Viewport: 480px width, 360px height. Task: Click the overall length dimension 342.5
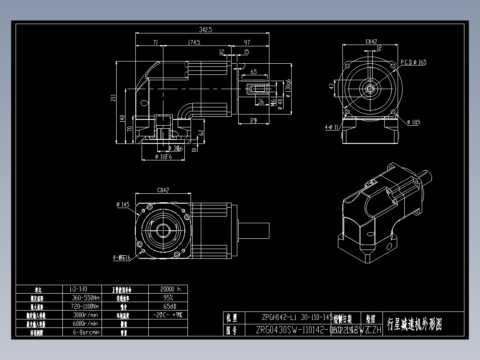click(x=206, y=29)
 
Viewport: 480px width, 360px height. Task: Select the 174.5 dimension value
click(x=194, y=42)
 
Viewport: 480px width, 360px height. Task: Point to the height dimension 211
click(x=113, y=98)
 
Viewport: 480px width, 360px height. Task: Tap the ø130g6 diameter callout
click(x=288, y=88)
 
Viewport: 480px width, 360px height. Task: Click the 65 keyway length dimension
click(x=253, y=72)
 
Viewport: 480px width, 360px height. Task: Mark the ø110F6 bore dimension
click(x=163, y=157)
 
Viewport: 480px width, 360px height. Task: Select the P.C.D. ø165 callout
click(x=413, y=62)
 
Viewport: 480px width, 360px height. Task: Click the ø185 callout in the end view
click(x=413, y=122)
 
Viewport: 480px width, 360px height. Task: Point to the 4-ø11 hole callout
click(x=332, y=127)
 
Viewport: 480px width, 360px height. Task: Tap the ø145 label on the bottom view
click(x=122, y=205)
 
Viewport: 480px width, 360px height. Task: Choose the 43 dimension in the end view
click(x=331, y=86)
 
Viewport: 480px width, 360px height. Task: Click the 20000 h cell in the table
click(x=167, y=289)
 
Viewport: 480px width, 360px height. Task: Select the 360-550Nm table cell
click(x=85, y=298)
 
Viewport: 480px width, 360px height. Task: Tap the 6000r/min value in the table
click(x=85, y=323)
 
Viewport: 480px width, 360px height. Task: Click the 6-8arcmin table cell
click(x=85, y=332)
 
